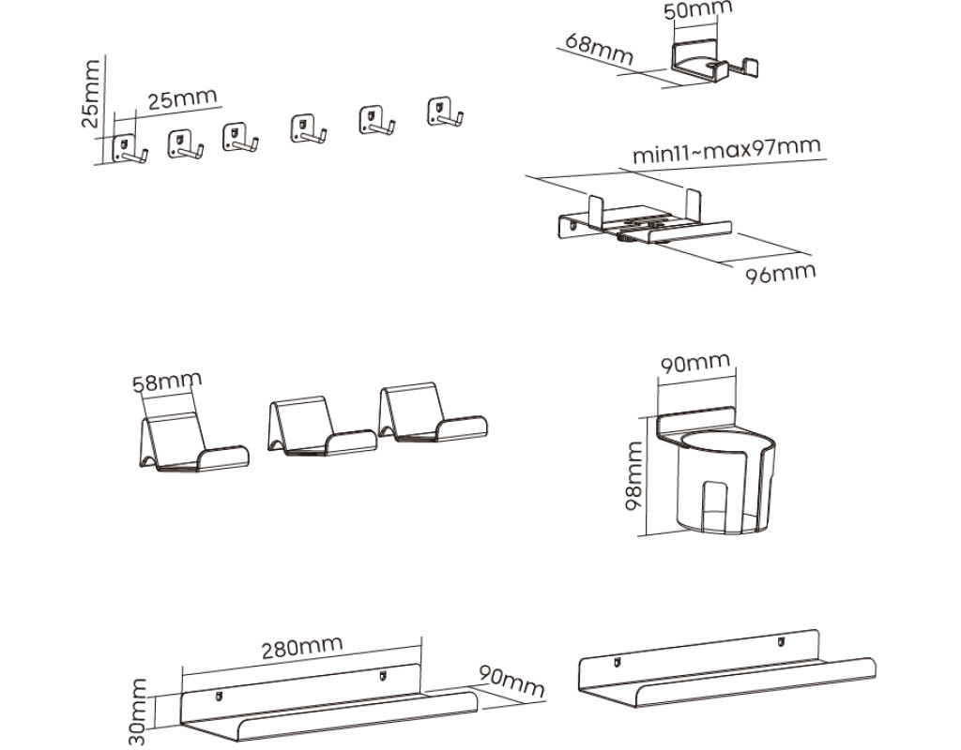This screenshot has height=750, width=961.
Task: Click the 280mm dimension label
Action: coord(301,647)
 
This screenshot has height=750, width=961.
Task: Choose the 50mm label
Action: coord(697,11)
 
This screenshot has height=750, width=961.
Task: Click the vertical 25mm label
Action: coord(89,93)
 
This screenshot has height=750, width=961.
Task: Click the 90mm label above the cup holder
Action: coord(694,363)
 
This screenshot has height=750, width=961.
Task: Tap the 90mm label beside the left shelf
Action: coord(511,682)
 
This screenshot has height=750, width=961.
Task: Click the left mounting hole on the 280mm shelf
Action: coord(218,696)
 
